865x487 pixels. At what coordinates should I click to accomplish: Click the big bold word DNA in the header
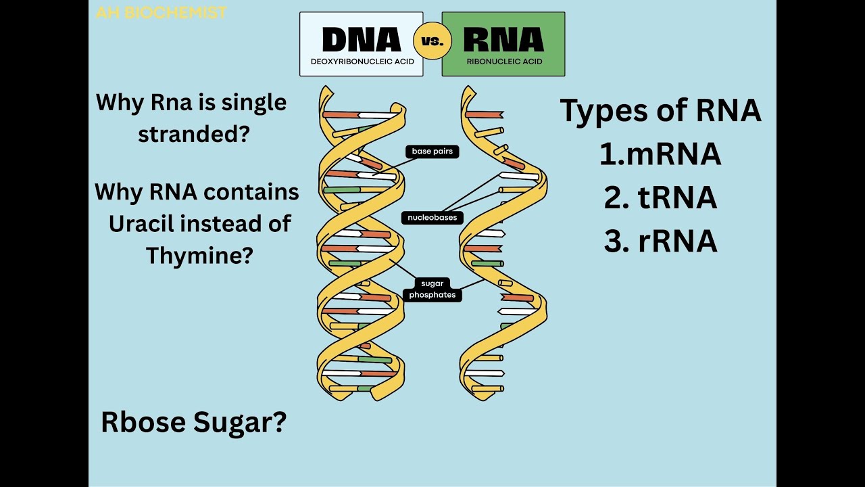point(362,40)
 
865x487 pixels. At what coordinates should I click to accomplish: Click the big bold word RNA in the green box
point(503,40)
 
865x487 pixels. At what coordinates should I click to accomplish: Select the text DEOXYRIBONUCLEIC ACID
point(362,62)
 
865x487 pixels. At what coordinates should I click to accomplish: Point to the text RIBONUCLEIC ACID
point(504,62)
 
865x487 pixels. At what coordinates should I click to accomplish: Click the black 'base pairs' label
point(432,152)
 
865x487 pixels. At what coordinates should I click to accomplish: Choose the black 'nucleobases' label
point(432,218)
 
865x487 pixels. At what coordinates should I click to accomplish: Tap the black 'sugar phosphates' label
point(432,289)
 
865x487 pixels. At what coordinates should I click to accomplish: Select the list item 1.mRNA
point(660,154)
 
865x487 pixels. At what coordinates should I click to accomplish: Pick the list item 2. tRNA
point(660,198)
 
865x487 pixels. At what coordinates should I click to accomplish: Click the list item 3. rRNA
point(660,241)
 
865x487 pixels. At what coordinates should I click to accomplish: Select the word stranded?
point(194,133)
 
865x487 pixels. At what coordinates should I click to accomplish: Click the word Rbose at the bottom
point(143,423)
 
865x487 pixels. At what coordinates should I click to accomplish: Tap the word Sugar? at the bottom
point(240,423)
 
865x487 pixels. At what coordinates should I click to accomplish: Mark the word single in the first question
point(254,103)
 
